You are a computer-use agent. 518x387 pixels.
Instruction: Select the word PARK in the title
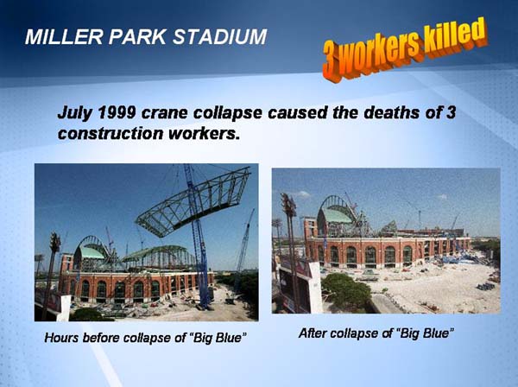137,36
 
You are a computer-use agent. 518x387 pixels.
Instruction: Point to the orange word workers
380,52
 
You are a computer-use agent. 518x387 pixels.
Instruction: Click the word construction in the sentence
110,134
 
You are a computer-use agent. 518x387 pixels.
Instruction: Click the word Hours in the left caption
61,338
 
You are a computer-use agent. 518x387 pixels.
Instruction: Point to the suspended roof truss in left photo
193,202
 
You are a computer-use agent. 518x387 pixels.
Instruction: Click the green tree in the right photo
346,290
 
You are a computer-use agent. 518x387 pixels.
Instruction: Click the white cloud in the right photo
302,194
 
